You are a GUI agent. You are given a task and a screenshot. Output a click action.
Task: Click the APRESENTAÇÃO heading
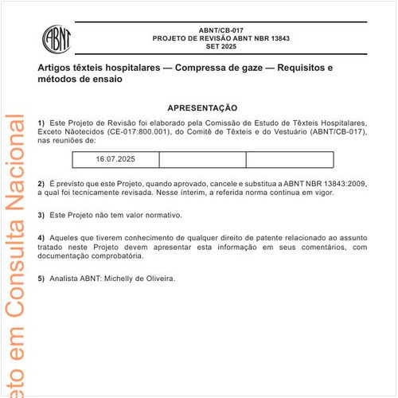(x=202, y=107)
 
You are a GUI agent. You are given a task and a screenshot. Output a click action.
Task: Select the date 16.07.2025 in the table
(x=116, y=159)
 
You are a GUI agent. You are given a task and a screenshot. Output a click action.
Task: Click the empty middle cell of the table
(x=202, y=159)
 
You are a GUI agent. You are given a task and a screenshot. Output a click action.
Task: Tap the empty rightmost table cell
(x=289, y=159)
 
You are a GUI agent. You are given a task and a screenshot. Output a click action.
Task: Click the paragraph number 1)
(x=41, y=122)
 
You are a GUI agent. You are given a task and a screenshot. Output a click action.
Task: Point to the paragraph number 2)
(x=41, y=183)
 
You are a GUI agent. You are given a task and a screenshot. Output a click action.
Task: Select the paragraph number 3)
(x=41, y=215)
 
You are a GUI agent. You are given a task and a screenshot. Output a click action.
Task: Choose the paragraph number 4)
(x=41, y=238)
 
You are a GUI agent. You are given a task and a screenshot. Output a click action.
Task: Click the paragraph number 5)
(x=41, y=279)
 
